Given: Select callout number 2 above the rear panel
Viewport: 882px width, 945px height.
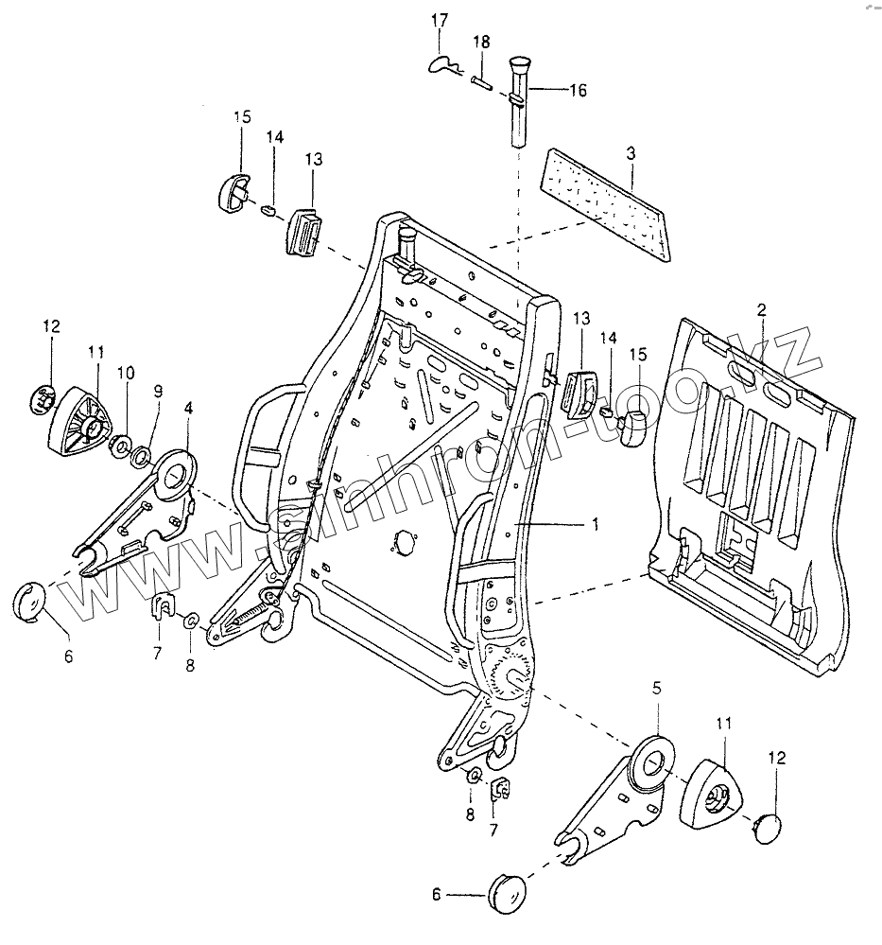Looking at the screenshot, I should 760,309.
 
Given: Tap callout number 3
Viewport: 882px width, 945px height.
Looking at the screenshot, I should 631,152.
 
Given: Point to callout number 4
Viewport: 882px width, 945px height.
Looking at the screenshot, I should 189,408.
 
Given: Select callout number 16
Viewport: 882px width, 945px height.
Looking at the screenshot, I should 578,91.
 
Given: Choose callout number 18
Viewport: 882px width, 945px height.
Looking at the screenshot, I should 481,43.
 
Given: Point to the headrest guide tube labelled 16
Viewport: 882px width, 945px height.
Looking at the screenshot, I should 519,104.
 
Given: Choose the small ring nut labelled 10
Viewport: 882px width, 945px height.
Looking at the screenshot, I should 122,445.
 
